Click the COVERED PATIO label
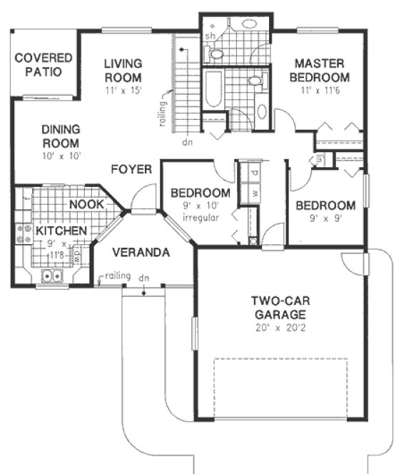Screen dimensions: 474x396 [44, 64]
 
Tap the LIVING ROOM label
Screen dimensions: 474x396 [123, 70]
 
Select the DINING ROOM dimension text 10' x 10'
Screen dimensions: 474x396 [61, 154]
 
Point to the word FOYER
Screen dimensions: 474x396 [131, 169]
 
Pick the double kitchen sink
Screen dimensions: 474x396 [52, 276]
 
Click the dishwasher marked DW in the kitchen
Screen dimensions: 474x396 [78, 253]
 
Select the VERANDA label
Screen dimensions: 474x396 [141, 252]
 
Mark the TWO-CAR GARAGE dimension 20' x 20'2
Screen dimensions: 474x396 [278, 328]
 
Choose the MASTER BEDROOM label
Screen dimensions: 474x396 [320, 71]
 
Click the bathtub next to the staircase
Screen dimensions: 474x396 [213, 88]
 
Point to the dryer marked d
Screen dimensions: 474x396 [254, 173]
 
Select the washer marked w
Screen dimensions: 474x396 [254, 193]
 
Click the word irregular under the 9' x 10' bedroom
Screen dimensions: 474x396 [200, 218]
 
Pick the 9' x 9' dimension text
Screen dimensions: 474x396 [326, 219]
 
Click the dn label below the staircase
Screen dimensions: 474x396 [188, 141]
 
